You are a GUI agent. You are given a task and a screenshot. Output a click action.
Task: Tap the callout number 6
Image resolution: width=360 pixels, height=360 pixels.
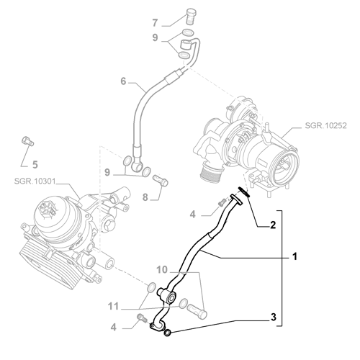(123, 81)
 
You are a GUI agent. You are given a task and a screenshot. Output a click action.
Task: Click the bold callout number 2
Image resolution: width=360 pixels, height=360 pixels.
(272, 225)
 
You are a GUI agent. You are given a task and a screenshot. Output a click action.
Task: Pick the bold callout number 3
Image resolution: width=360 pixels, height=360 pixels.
(272, 317)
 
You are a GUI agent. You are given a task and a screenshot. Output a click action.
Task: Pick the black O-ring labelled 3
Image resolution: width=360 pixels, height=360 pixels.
(168, 332)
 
